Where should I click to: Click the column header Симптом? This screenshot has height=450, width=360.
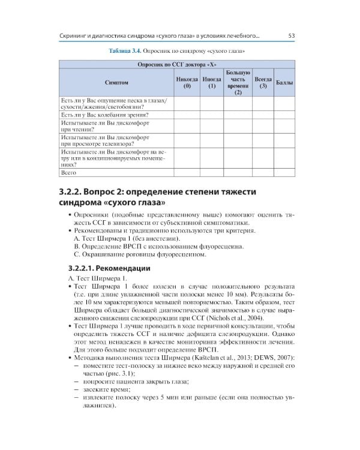116,82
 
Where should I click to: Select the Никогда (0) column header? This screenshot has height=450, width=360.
187,82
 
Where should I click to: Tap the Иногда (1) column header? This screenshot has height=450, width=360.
212,82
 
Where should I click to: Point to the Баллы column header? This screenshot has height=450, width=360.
283,82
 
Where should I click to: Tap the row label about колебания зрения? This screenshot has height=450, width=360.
105,114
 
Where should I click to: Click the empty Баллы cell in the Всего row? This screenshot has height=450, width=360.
283,173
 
